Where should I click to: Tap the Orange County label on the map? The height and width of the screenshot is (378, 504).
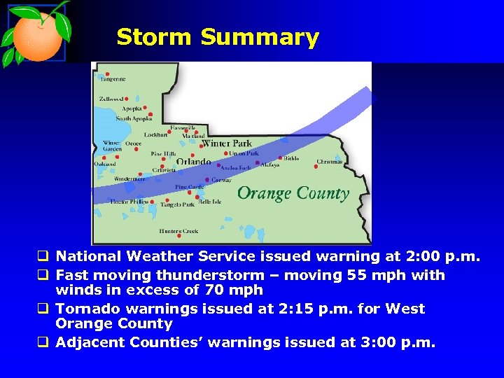[293, 193]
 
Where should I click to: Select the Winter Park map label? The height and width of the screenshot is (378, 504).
[226, 143]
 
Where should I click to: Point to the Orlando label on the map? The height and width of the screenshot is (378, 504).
[193, 162]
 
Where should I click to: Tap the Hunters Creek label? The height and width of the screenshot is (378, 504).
[178, 231]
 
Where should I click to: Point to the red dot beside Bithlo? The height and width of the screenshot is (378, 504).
[280, 158]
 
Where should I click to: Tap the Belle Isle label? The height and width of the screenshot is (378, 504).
[210, 202]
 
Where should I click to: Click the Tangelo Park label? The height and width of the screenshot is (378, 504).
[177, 204]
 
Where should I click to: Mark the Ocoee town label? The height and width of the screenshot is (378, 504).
[133, 143]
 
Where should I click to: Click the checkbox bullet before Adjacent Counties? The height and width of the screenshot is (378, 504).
[45, 342]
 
